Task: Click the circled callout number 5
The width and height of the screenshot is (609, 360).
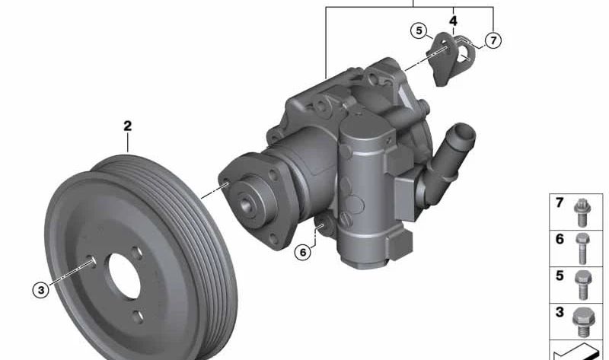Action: (419, 30)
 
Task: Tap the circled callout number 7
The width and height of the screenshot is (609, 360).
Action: (493, 40)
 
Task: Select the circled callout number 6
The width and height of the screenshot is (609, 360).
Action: (303, 253)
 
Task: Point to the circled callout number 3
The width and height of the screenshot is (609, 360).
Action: (41, 290)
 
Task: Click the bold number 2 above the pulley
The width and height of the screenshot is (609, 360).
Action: (127, 126)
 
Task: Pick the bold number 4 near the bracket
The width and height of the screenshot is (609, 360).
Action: (453, 21)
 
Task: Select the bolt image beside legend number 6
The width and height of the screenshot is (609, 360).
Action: (582, 249)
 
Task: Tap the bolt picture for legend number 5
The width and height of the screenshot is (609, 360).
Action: (583, 285)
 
